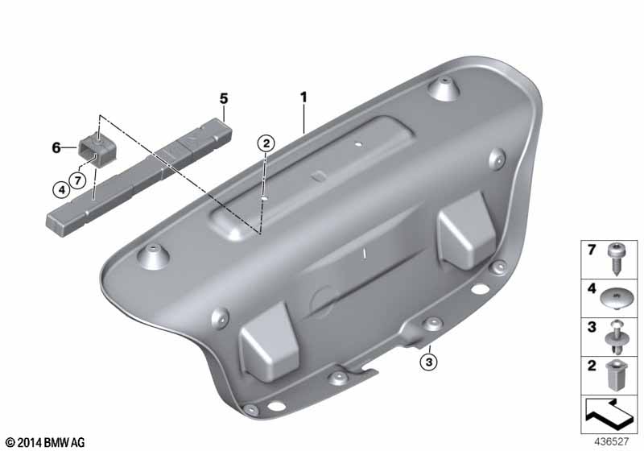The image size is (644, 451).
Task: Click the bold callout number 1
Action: [303, 97]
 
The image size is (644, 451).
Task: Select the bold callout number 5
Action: [224, 98]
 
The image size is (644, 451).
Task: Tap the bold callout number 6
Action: [56, 148]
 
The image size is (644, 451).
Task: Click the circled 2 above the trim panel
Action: [266, 144]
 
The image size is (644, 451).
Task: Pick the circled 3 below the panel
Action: [429, 362]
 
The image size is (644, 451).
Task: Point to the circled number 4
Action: [61, 190]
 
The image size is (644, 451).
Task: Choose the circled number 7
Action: [77, 180]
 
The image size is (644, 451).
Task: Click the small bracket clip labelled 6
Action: [97, 148]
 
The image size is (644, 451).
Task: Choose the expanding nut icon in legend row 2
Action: [613, 375]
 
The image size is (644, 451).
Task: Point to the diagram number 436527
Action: [611, 441]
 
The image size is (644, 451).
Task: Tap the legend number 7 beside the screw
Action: [592, 250]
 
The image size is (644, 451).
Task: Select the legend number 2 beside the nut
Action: [592, 365]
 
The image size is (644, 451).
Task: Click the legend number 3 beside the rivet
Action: [592, 327]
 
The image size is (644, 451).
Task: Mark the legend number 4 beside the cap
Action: [592, 289]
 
